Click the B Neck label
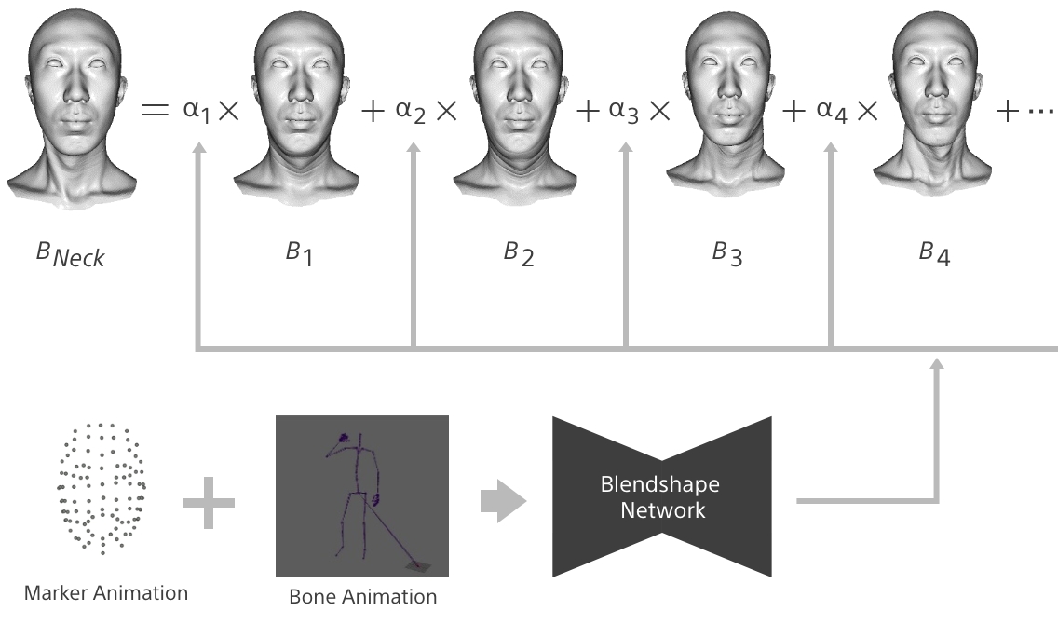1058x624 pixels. coord(71,253)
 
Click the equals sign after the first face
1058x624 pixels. coord(154,111)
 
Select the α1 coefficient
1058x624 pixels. coord(197,111)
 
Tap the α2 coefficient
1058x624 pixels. coord(412,111)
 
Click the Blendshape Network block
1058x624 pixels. coord(662,496)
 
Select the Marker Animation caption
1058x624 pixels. coord(106,592)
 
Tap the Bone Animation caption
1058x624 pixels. coord(362,597)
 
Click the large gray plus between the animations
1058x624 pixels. coord(209,501)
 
